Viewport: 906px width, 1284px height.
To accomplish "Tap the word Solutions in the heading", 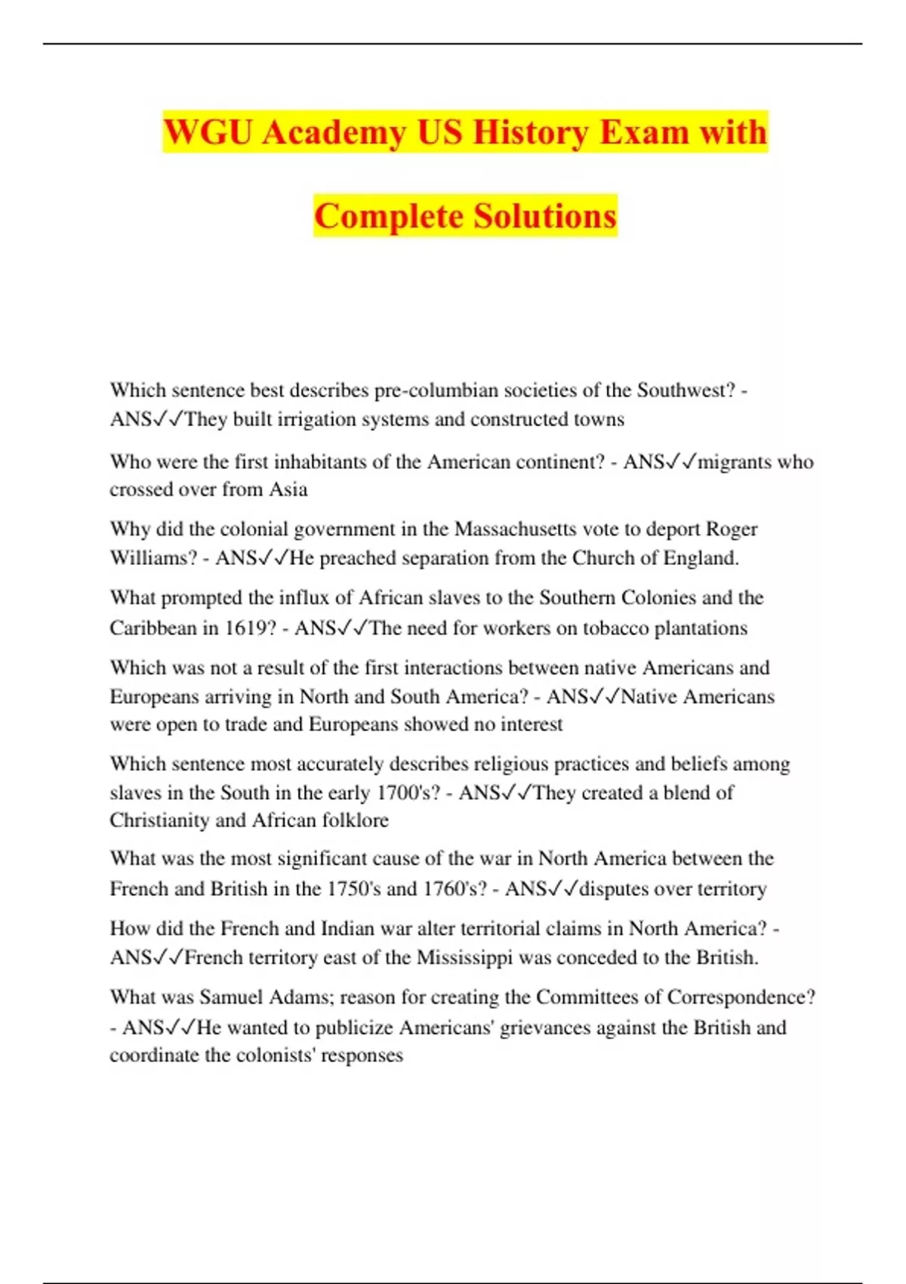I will pyautogui.click(x=545, y=216).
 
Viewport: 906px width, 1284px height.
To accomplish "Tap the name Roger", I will pyautogui.click(x=731, y=529).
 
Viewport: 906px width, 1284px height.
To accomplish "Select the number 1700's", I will pyautogui.click(x=408, y=793).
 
